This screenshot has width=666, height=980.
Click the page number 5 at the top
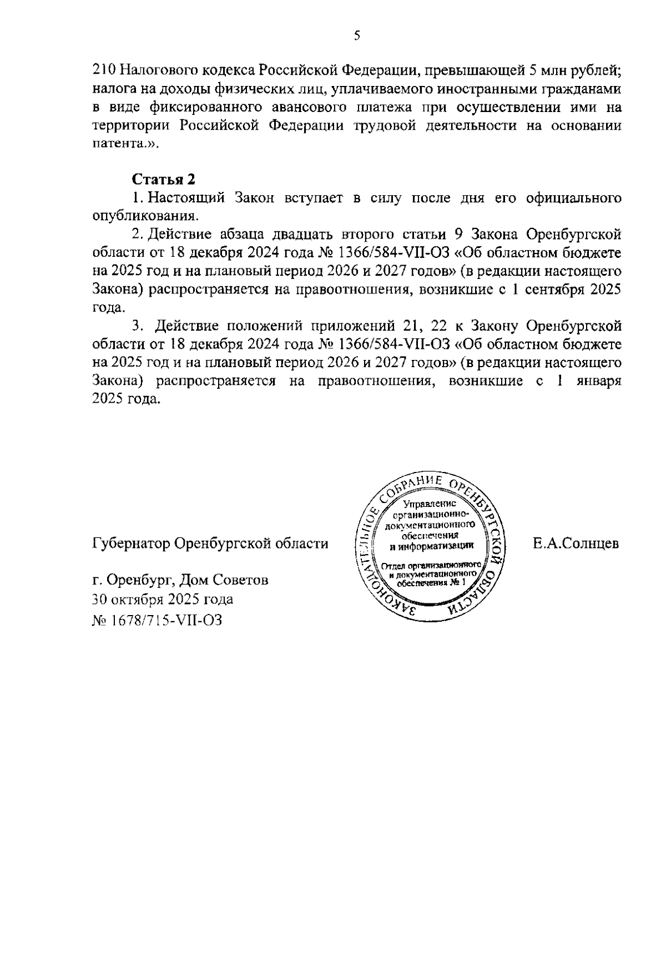[x=357, y=36]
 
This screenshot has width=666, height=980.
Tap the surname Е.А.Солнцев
[x=576, y=544]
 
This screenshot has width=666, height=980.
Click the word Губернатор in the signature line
[x=130, y=544]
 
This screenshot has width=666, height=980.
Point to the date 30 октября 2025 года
[x=163, y=600]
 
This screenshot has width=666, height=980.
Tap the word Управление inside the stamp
[x=430, y=504]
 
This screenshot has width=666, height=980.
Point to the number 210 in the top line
[x=103, y=70]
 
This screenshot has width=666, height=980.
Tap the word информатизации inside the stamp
[x=431, y=546]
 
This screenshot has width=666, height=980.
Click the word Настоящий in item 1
[x=187, y=198]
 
